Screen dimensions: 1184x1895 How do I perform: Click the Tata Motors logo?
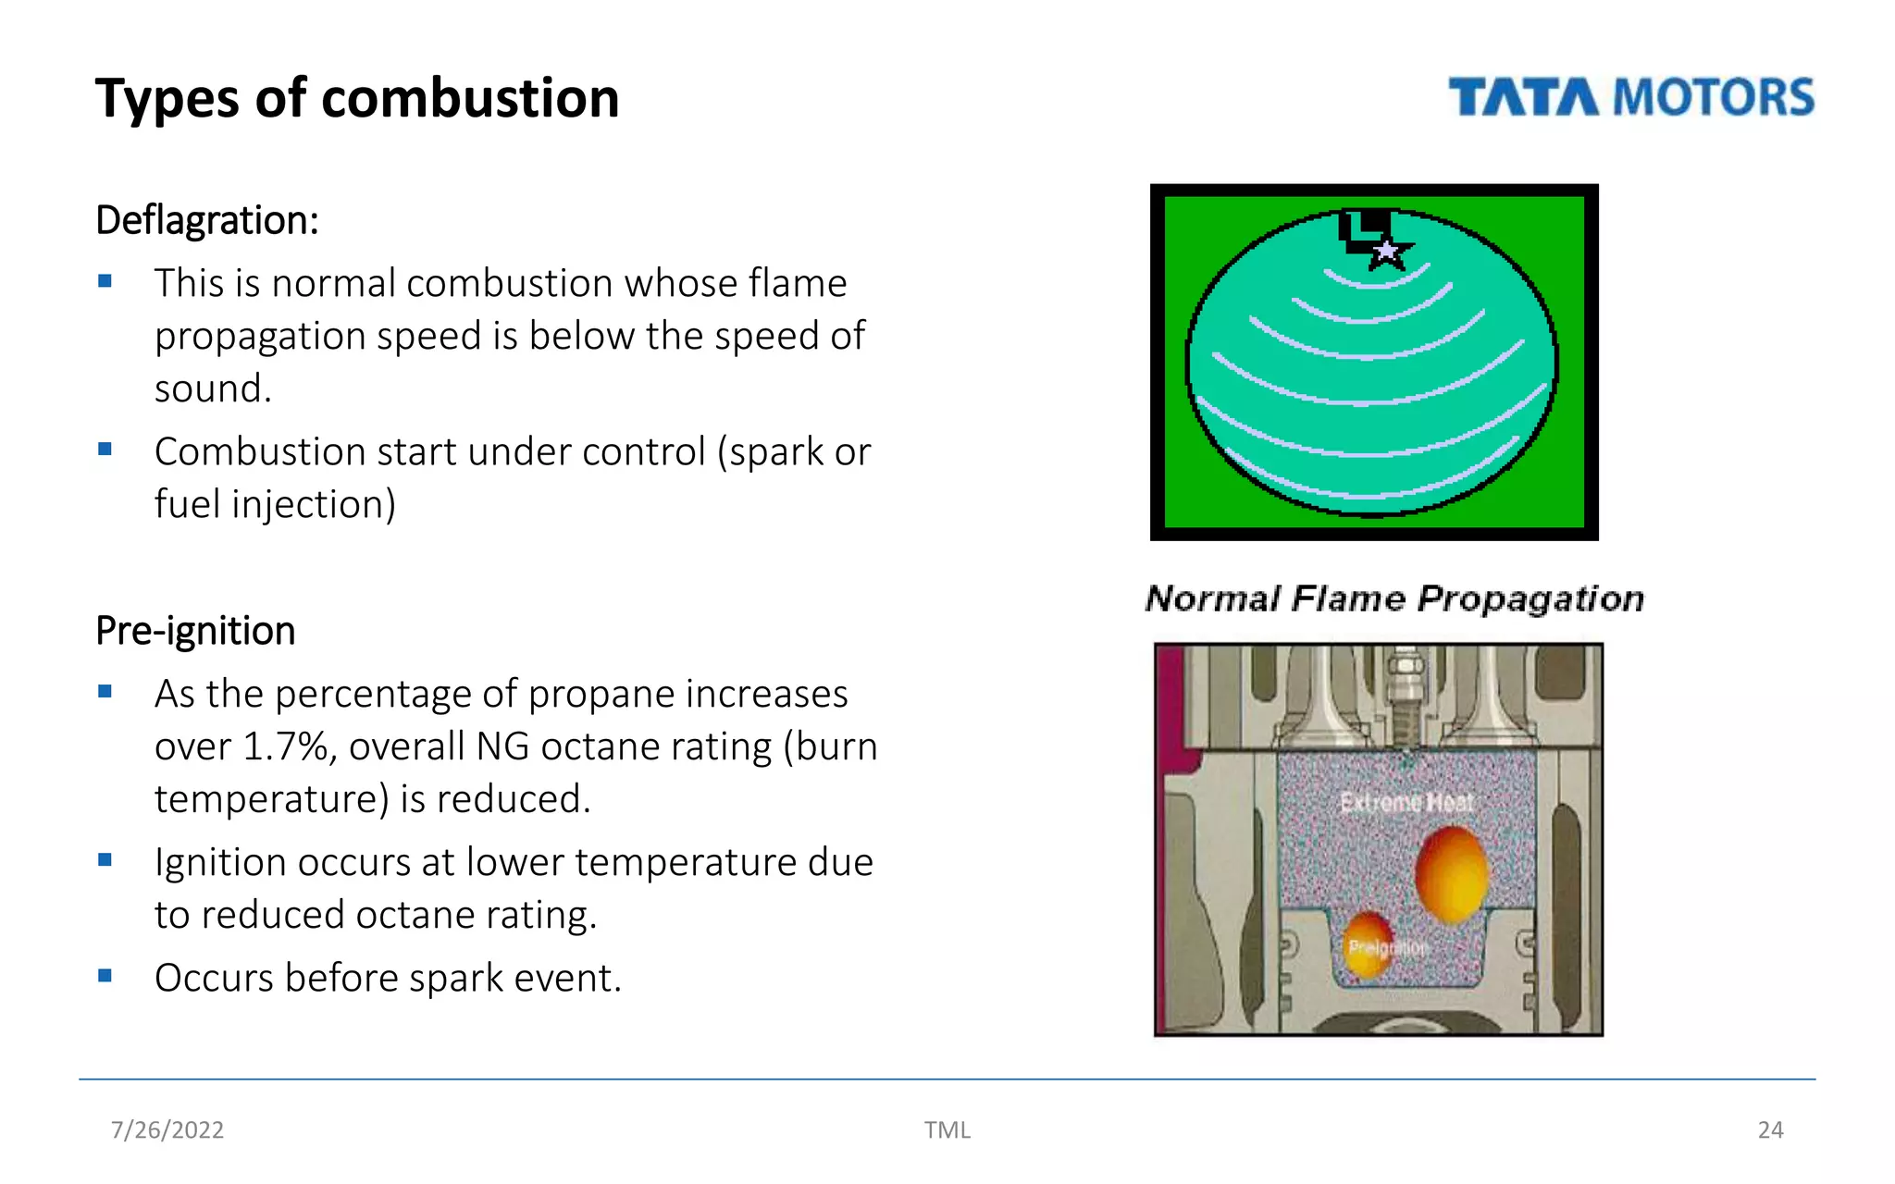1630,98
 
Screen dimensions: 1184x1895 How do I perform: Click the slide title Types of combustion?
357,98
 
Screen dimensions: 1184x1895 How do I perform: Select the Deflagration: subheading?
207,220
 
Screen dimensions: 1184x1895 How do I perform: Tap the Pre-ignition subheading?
195,631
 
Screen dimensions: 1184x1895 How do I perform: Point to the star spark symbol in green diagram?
1386,251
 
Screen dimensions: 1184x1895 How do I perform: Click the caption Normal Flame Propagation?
1394,598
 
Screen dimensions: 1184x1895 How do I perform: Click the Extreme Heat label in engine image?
1406,802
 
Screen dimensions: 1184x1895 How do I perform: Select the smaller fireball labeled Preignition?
1368,944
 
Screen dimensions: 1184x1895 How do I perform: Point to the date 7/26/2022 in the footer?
167,1129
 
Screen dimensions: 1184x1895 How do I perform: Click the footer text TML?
947,1129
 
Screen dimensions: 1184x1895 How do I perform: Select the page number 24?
1770,1129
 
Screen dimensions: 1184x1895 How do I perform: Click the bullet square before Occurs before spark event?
105,975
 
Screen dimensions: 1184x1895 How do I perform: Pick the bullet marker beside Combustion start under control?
105,450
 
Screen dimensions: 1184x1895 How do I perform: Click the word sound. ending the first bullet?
213,388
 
